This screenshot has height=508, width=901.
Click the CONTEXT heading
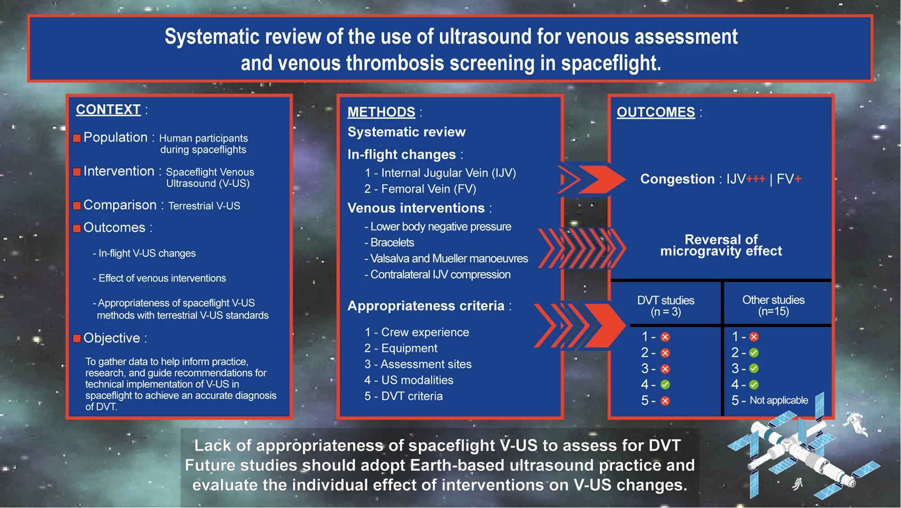(108, 110)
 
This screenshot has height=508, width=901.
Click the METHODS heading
(381, 112)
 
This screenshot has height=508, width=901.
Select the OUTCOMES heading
(655, 112)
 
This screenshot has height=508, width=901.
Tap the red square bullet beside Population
(77, 138)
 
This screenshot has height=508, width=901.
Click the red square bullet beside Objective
(77, 338)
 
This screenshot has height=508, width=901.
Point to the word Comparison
(120, 205)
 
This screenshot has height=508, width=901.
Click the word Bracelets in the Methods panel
(392, 243)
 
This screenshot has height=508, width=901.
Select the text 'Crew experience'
(425, 333)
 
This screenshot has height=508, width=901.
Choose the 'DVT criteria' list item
(412, 396)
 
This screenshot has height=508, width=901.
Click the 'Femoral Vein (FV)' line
(428, 189)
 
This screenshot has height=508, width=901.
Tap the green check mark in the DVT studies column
(665, 385)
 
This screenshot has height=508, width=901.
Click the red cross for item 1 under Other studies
(754, 337)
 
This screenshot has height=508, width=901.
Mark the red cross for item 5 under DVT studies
(665, 401)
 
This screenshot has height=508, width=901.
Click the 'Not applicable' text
(778, 400)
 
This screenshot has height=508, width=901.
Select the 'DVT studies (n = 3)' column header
(665, 306)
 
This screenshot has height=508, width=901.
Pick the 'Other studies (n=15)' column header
(773, 305)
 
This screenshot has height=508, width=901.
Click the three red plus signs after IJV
(755, 179)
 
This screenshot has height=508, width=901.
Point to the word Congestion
(677, 179)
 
